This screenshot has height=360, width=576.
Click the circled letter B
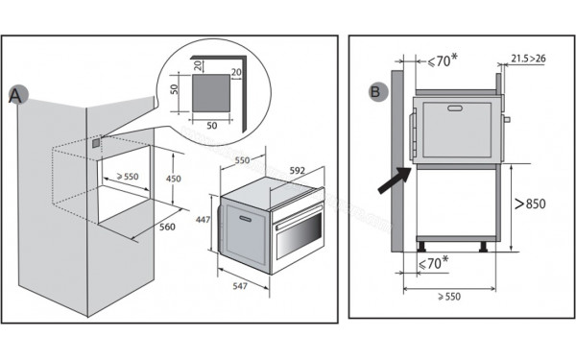(377, 93)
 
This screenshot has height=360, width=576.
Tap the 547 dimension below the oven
(238, 287)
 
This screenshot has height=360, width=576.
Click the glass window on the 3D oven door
(303, 231)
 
